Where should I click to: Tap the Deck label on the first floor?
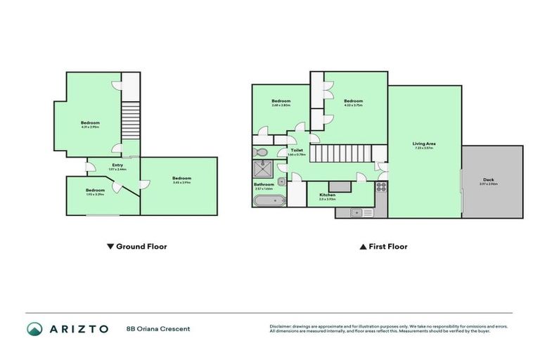tap(489, 179)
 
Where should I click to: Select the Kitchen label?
tap(328, 195)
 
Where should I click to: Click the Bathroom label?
tap(264, 184)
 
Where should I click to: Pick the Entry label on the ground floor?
tap(117, 165)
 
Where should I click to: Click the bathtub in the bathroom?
tap(269, 201)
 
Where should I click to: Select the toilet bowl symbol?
tap(261, 151)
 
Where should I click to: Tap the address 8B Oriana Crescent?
tap(158, 328)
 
